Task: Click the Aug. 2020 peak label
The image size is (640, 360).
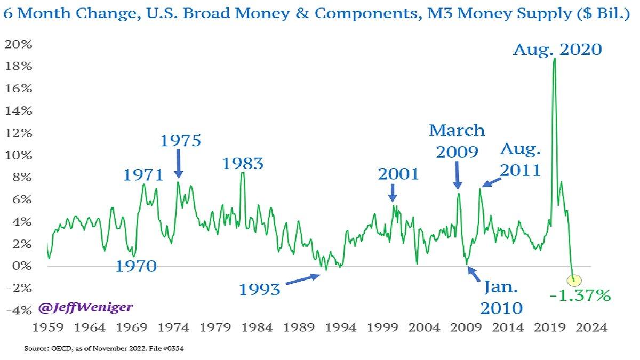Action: click(x=557, y=50)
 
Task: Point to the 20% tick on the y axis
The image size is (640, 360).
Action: click(x=18, y=44)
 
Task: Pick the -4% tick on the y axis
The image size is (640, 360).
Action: click(x=18, y=310)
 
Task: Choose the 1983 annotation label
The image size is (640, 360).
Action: click(x=243, y=163)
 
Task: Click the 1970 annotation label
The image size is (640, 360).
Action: click(x=137, y=266)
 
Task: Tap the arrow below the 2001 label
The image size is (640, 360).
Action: click(x=393, y=192)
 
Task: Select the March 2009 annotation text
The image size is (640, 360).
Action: click(x=457, y=141)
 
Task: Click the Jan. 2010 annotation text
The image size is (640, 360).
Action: click(x=501, y=298)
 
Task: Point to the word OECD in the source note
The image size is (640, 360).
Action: click(x=58, y=349)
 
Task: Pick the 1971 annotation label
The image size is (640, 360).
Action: click(x=142, y=174)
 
